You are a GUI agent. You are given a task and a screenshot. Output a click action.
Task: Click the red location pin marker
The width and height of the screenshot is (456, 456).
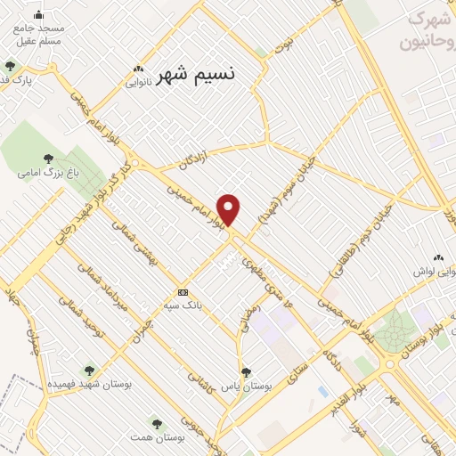click(229, 209)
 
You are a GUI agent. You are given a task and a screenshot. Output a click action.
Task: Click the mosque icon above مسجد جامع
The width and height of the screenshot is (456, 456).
click(38, 14)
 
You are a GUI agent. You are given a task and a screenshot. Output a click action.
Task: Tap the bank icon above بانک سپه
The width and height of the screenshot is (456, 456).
click(183, 293)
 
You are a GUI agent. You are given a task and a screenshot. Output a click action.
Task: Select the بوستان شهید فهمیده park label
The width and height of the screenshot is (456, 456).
click(89, 383)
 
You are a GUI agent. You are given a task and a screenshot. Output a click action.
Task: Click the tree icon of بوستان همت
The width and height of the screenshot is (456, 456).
click(157, 424)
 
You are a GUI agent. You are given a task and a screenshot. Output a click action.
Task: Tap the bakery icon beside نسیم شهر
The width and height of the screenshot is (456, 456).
click(138, 69)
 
